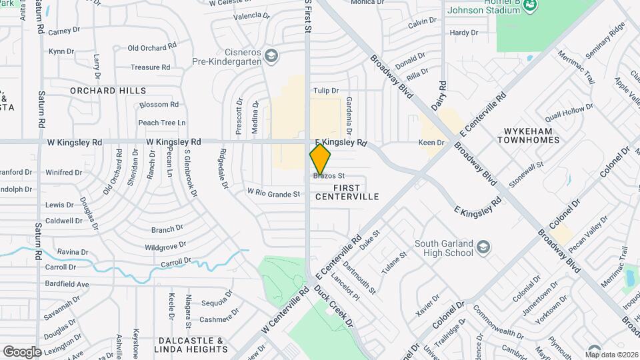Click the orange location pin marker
(320, 159)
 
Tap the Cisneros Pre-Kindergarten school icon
(271, 55)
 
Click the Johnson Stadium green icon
(530, 6)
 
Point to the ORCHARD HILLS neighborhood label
(108, 90)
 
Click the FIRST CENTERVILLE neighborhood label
(347, 192)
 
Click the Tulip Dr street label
(326, 91)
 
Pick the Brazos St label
(327, 176)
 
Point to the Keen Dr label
(431, 143)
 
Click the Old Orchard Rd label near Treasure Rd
(152, 48)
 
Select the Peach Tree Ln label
(161, 123)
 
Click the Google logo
(22, 351)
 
